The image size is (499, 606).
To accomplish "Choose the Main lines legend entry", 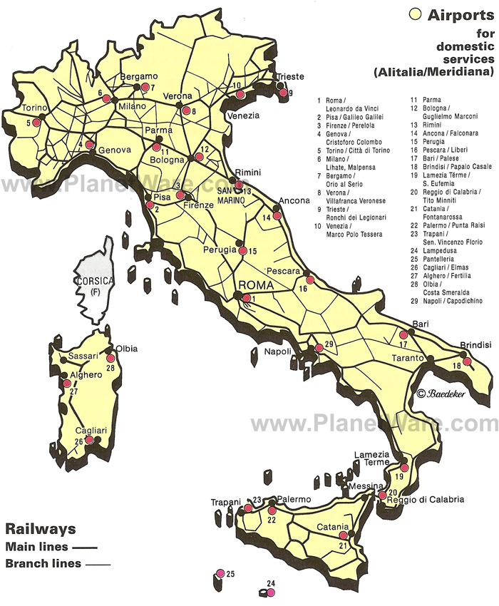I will pyautogui.click(x=50, y=548).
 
